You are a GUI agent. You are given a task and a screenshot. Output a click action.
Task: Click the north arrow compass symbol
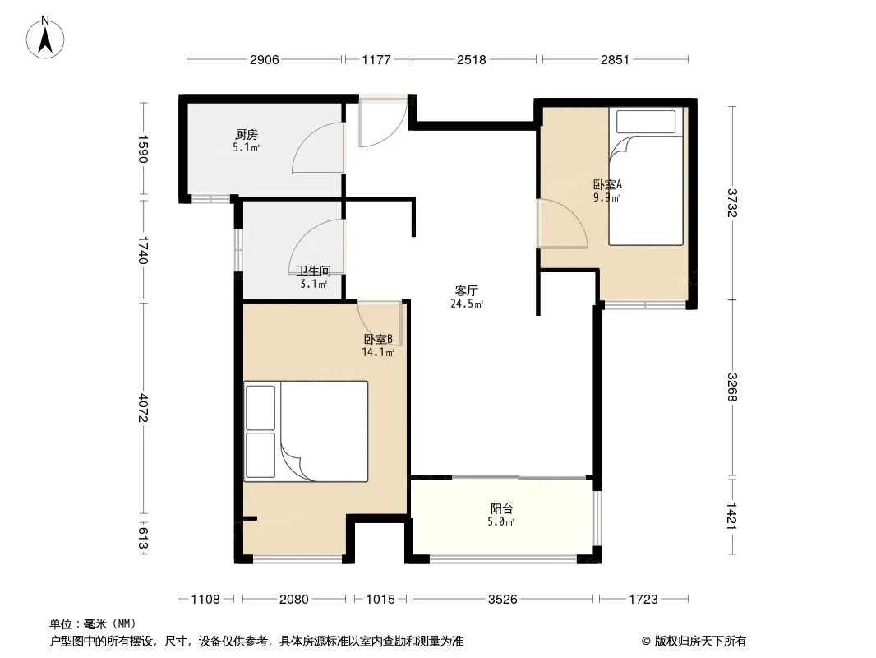[x=45, y=38]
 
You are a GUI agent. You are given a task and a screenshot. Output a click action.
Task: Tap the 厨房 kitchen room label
[x=247, y=135]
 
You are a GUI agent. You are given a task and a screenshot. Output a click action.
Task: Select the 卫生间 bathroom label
[x=314, y=271]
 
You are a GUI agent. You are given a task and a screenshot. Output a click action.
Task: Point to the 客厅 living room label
[x=467, y=290]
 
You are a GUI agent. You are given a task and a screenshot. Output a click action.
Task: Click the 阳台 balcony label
[x=502, y=509]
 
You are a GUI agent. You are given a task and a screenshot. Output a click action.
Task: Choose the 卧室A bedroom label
[x=608, y=184]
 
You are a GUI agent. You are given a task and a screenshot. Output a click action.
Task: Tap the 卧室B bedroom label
[x=378, y=340]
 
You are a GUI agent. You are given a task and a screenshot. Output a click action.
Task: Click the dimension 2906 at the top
[x=265, y=59]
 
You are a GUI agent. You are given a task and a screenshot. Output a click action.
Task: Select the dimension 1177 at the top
[x=376, y=59]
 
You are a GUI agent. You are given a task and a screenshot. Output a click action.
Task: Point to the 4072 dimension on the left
[x=143, y=408]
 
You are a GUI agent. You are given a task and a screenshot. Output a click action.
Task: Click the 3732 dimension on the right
[x=732, y=203]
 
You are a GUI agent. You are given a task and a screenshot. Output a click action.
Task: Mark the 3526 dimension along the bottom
[x=503, y=600]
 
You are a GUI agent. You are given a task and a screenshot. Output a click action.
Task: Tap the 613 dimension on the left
[x=143, y=538]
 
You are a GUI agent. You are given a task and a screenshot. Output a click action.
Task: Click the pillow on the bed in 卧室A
[x=646, y=121]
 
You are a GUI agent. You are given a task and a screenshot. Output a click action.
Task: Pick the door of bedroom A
[x=562, y=223]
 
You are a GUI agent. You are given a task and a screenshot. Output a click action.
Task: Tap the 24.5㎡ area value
[x=467, y=304]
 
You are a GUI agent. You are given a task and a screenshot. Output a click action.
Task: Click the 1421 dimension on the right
[x=732, y=516]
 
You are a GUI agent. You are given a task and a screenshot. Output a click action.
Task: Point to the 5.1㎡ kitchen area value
[x=247, y=148]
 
